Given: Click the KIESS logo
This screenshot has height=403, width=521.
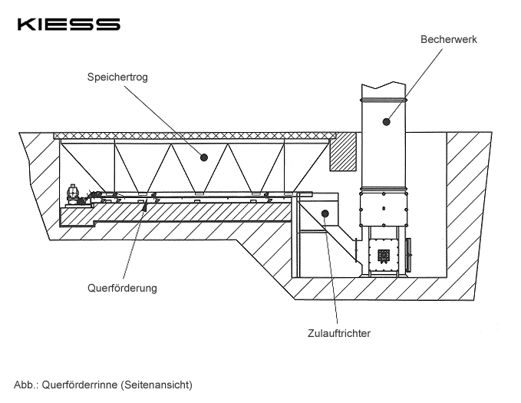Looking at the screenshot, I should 69,25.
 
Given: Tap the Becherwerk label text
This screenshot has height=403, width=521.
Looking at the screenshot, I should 449,38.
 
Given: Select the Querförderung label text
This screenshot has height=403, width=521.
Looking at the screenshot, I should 122,288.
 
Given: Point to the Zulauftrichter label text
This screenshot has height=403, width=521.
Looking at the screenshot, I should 338,333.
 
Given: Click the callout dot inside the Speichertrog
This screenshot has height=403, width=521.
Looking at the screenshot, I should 204,157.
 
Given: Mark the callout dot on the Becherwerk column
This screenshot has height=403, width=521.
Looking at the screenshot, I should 387,120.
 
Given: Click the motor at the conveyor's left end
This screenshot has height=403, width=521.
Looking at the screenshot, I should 74,195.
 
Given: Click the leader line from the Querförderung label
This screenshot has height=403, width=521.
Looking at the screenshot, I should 135,246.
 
